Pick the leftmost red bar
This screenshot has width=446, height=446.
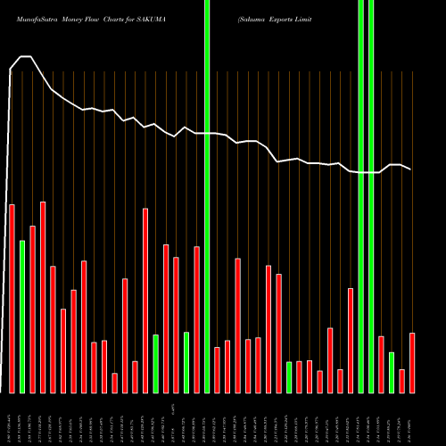[12, 299]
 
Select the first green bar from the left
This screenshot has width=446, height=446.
[22, 317]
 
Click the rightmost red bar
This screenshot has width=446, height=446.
[412, 363]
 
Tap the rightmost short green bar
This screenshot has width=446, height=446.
[392, 373]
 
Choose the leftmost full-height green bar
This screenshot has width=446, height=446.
[207, 196]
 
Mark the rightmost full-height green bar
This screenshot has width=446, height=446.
[371, 196]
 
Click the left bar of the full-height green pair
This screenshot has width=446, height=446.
[361, 196]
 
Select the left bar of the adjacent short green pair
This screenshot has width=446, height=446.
[289, 377]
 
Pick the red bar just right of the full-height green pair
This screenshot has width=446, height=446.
[382, 365]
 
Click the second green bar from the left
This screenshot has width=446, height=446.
[156, 364]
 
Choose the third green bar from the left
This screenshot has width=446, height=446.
[186, 362]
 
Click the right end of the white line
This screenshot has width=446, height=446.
[411, 169]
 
